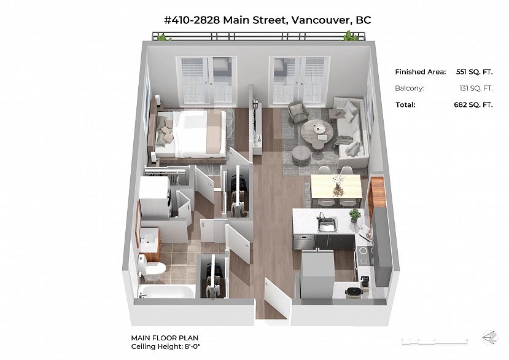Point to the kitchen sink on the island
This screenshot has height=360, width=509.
click(x=327, y=223)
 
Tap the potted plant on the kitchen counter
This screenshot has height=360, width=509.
click(x=355, y=214)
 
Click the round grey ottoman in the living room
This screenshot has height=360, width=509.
click(x=302, y=154)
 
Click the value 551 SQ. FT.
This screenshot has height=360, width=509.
click(x=474, y=72)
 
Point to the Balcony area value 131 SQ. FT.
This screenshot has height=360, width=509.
click(x=476, y=88)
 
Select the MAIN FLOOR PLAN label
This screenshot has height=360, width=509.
click(x=164, y=337)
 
